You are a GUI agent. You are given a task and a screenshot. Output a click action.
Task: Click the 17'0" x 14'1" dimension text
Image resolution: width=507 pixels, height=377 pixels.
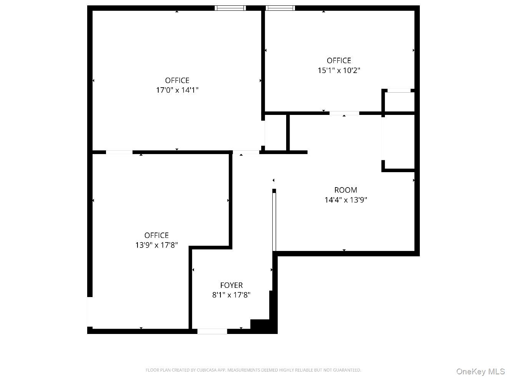click(177, 90)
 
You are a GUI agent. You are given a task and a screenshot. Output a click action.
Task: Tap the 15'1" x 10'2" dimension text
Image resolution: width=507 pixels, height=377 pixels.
click(339, 70)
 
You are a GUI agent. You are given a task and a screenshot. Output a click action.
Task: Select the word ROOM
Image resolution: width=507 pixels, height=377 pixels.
click(346, 190)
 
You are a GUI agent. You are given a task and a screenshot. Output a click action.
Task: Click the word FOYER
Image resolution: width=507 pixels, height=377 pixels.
click(231, 285)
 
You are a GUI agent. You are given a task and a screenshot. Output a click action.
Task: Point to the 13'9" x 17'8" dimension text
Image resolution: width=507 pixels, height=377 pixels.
click(156, 245)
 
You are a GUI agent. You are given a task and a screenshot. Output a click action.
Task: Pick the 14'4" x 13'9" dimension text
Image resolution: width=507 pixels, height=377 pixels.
click(346, 200)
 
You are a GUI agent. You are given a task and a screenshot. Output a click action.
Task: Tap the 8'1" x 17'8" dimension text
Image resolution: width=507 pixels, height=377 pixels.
click(231, 295)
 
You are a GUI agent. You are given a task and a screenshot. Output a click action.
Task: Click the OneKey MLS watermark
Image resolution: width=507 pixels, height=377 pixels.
click(480, 371)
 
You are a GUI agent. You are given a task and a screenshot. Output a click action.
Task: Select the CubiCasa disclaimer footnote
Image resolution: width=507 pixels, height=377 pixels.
click(253, 370)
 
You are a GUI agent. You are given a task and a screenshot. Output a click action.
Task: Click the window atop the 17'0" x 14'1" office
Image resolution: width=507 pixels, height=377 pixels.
click(230, 8)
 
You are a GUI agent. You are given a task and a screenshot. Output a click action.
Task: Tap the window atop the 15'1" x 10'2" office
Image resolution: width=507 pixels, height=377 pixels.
click(280, 8)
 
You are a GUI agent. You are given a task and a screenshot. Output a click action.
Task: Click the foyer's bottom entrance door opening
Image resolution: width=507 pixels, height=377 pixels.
click(212, 331)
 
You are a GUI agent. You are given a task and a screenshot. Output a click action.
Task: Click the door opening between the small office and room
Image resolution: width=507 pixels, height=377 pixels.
click(344, 113)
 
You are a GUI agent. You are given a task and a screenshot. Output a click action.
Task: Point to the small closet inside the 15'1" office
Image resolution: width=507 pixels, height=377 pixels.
click(399, 102)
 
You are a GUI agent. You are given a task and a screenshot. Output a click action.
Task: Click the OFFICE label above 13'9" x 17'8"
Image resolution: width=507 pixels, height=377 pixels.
click(156, 235)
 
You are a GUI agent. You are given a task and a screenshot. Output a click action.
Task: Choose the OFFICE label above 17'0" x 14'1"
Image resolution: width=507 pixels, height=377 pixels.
click(177, 80)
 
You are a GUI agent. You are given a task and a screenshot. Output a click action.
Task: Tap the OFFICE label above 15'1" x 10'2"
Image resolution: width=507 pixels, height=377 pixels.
click(339, 60)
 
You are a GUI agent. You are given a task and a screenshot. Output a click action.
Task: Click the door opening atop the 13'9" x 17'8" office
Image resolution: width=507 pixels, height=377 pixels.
click(119, 152)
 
